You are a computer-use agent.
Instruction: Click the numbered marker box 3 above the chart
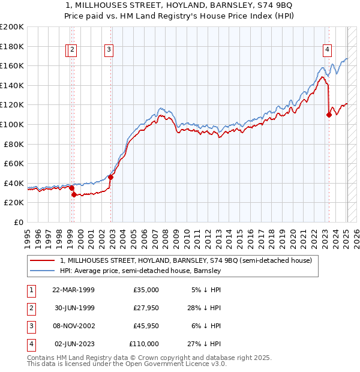click(109, 50)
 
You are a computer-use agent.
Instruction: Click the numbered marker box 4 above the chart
click(327, 50)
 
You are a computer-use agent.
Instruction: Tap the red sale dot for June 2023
click(329, 115)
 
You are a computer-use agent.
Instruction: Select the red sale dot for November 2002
click(111, 178)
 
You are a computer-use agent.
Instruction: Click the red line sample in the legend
click(43, 261)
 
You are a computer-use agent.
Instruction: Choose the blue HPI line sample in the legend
click(43, 271)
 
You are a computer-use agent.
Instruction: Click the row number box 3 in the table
click(31, 326)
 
